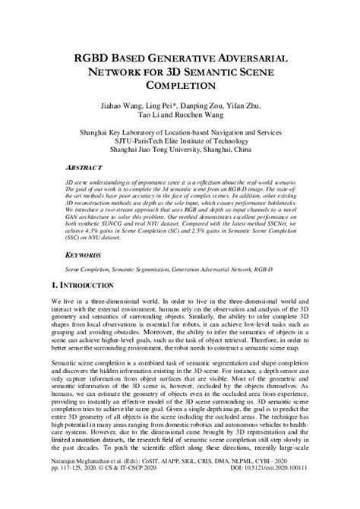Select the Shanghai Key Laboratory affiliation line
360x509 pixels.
[181, 130]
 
